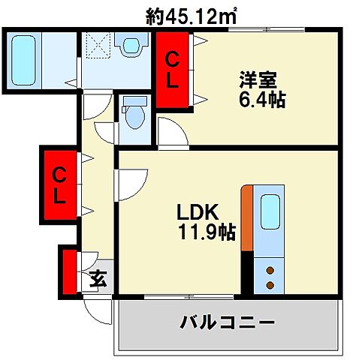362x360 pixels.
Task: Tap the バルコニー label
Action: tap(228, 324)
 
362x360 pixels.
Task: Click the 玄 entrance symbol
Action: tap(98, 280)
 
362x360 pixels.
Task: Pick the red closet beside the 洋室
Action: tap(172, 70)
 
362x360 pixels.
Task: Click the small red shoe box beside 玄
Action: tap(71, 272)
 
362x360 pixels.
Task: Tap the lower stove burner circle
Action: tap(270, 284)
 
